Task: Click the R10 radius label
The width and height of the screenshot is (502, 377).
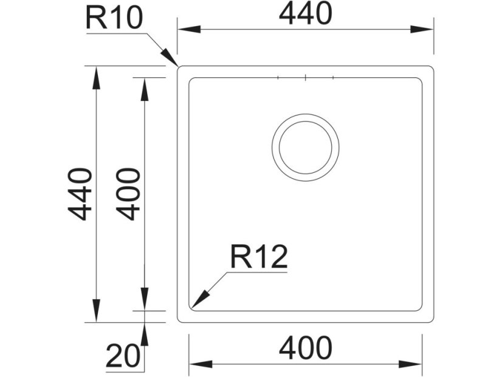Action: [114, 18]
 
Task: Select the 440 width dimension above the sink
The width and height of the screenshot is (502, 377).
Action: [305, 14]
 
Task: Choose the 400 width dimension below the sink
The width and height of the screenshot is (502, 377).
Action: [305, 348]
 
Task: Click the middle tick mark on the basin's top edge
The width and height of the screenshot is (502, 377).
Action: [305, 78]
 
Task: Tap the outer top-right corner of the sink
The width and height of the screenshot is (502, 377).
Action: [432, 67]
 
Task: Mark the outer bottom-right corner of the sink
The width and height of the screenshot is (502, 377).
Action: [432, 320]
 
